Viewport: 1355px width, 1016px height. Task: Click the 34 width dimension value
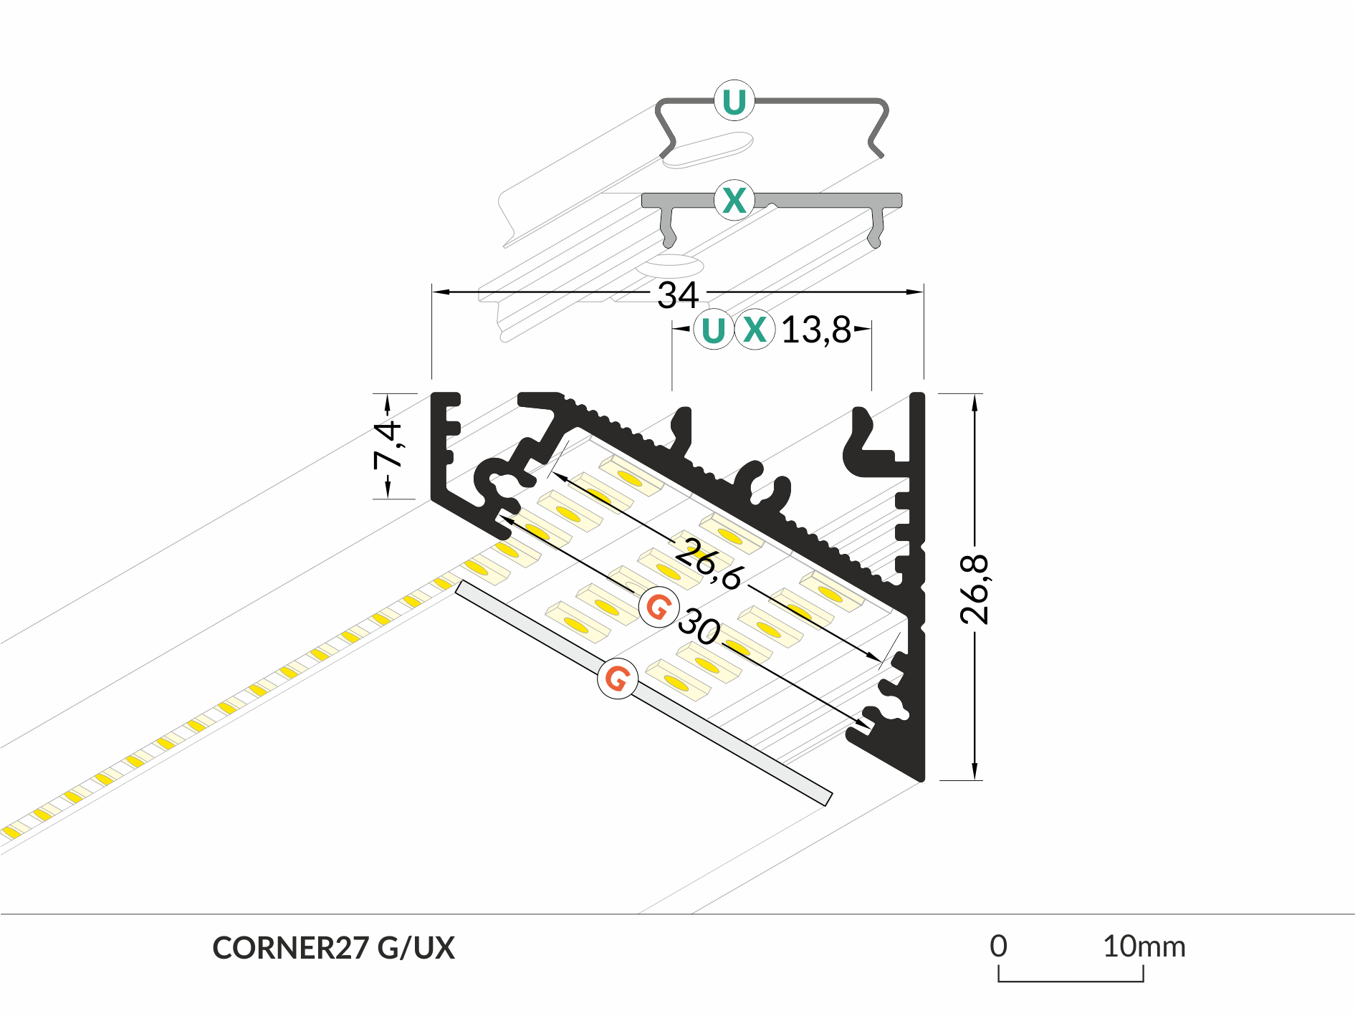(x=677, y=294)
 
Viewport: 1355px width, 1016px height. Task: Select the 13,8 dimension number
(x=815, y=330)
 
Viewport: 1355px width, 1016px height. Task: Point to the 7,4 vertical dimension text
(x=388, y=445)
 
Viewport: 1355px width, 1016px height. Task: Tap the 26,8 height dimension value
(x=974, y=589)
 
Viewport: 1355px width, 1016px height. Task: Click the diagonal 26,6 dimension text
(x=709, y=564)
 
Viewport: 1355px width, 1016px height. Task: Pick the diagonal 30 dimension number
(x=699, y=626)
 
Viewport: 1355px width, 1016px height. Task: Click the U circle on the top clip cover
(x=734, y=101)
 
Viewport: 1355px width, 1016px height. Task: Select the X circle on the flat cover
(x=734, y=200)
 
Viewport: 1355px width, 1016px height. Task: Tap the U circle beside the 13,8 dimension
(x=713, y=330)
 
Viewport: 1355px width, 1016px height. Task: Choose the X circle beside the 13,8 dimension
(x=755, y=330)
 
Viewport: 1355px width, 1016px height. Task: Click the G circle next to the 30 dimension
(x=659, y=607)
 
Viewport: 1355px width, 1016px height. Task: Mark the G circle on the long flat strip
(x=618, y=678)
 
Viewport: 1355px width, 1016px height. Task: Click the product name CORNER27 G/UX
(x=333, y=948)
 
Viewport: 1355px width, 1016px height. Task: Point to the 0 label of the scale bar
(x=998, y=946)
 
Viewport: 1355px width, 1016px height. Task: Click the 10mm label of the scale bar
(x=1144, y=946)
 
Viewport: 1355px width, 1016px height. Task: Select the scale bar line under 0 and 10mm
(x=1071, y=980)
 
